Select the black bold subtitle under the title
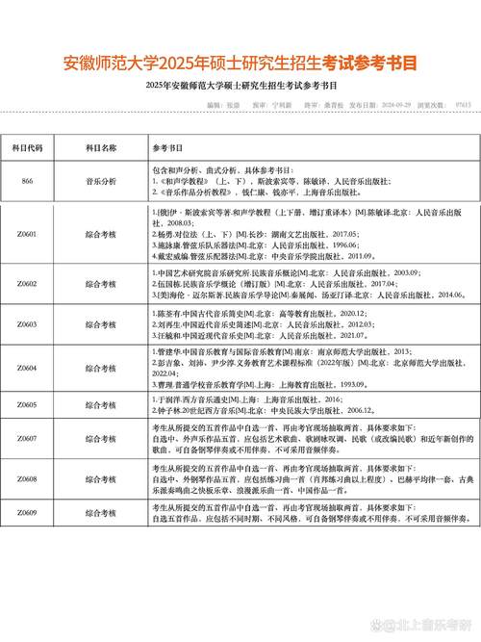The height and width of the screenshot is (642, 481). click(x=240, y=89)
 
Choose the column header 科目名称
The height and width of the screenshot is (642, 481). click(x=101, y=149)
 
